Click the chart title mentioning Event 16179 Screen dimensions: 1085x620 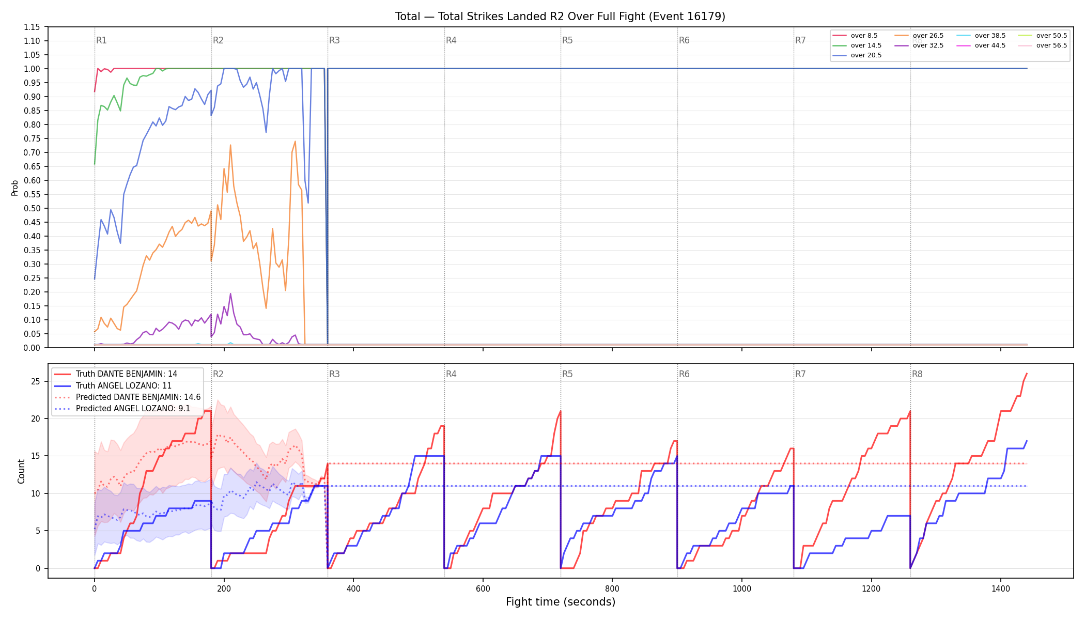pyautogui.click(x=560, y=17)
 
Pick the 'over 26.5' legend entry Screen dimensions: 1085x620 pyautogui.click(x=919, y=36)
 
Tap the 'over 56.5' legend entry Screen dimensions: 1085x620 pyautogui.click(x=1042, y=45)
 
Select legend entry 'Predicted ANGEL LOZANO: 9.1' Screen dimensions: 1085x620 pyautogui.click(x=122, y=409)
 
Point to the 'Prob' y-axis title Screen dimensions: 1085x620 pyautogui.click(x=14, y=188)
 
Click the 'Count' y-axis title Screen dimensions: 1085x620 pyautogui.click(x=21, y=471)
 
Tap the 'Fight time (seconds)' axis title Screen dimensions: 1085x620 pyautogui.click(x=561, y=602)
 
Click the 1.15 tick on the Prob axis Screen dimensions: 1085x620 pyautogui.click(x=32, y=27)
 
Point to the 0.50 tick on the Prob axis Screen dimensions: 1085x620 pyautogui.click(x=32, y=208)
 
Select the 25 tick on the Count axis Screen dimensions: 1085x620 pyautogui.click(x=36, y=381)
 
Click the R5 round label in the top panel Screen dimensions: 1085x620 pyautogui.click(x=567, y=40)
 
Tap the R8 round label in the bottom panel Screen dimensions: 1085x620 pyautogui.click(x=917, y=374)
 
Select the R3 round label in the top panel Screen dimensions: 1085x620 pyautogui.click(x=334, y=40)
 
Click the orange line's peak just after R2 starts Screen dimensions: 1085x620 pyautogui.click(x=230, y=145)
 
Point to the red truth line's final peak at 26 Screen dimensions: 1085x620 pyautogui.click(x=1027, y=374)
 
